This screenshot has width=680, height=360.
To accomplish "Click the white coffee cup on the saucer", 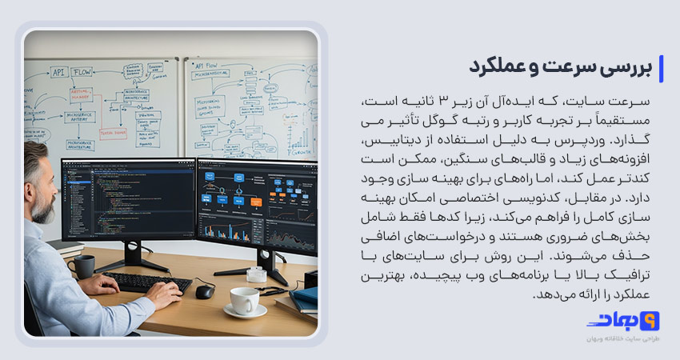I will tap(243, 302).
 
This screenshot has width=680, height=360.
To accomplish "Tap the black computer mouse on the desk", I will tap(205, 290).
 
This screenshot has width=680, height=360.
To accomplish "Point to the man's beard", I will tap(41, 203).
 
